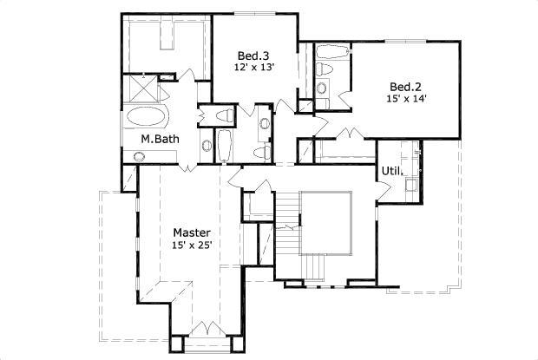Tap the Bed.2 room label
pos(405,87)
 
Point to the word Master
pos(192,232)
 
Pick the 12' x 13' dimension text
pos(254,67)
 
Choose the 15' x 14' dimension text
pos(406,99)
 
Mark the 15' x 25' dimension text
pos(193,245)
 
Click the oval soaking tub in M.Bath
pos(151,116)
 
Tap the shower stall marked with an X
pos(135,88)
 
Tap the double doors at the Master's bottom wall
pos(206,328)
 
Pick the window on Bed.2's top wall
pos(403,41)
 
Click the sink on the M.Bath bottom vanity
pos(139,156)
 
